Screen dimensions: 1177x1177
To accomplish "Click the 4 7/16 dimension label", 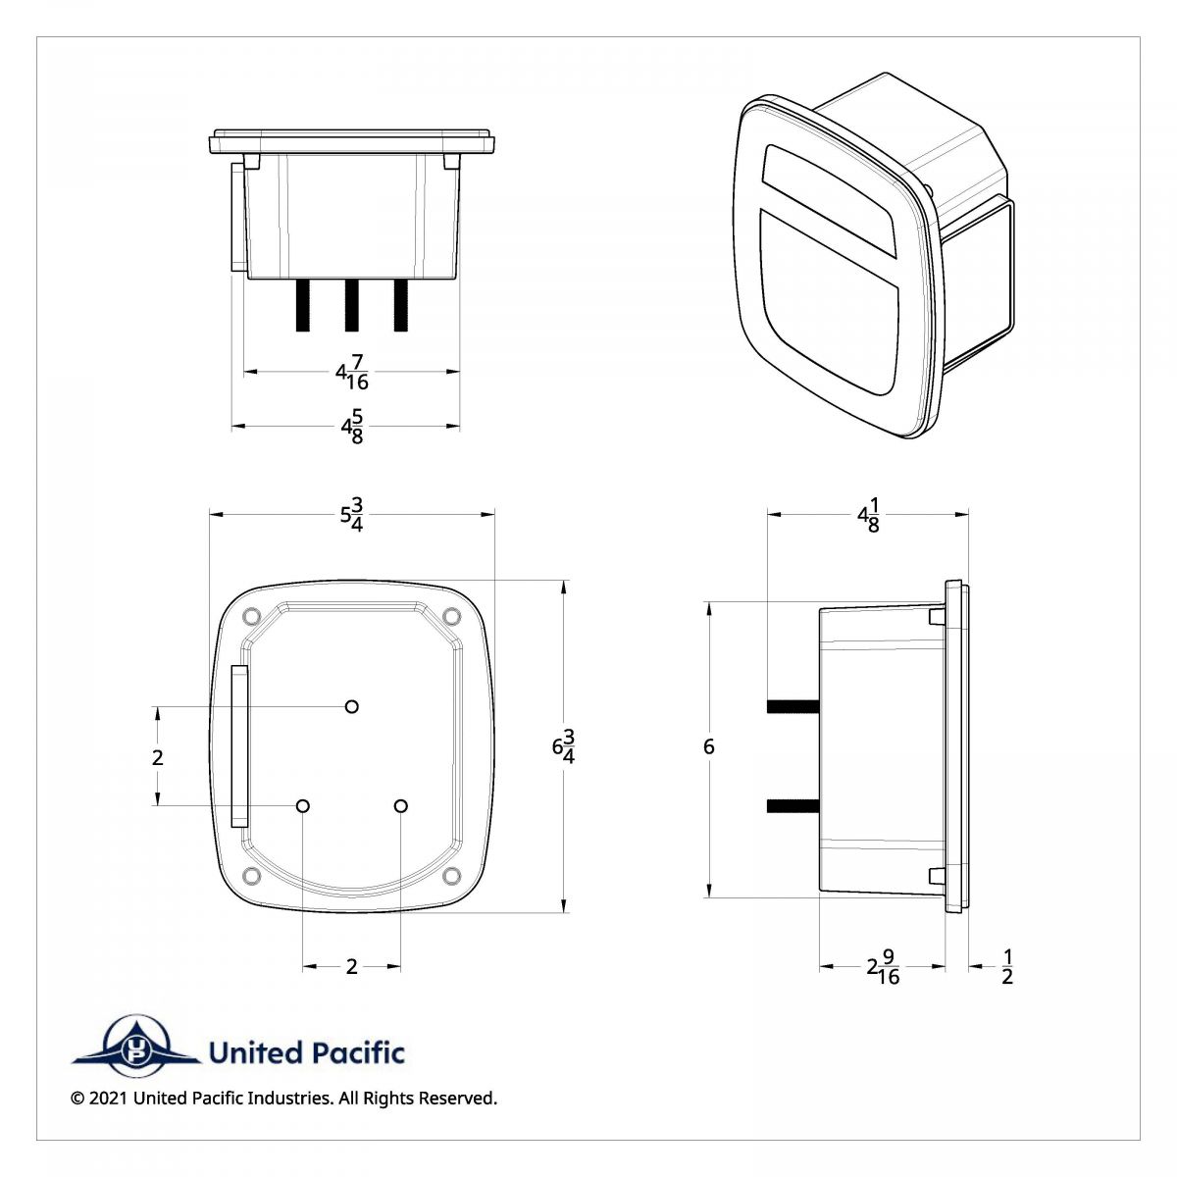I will [352, 373].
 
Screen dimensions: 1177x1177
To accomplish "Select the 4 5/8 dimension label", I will [352, 427].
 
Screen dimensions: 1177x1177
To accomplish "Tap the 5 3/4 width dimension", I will [352, 513].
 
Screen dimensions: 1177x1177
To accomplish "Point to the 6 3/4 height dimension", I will [563, 746].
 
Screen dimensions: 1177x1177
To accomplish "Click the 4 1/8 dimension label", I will [868, 513].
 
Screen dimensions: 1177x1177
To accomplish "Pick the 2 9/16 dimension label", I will [883, 967].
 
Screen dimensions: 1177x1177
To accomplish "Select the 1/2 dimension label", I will [1007, 967].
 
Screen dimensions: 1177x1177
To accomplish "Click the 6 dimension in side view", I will [708, 747].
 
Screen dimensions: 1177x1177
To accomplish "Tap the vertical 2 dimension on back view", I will [158, 757].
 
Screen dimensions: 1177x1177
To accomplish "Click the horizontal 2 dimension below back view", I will [351, 967].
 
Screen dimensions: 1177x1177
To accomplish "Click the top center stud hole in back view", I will [352, 706].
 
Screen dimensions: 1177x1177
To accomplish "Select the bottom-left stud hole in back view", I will [303, 805].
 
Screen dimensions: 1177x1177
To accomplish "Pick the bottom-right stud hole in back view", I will [400, 805].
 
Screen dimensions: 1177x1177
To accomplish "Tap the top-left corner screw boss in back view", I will [249, 616].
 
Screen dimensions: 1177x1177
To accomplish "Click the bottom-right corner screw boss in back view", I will [451, 875].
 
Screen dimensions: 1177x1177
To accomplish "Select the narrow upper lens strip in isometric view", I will [829, 196].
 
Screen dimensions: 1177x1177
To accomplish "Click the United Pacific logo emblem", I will [136, 1049].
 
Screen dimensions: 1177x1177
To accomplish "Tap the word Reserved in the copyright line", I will [457, 1099].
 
